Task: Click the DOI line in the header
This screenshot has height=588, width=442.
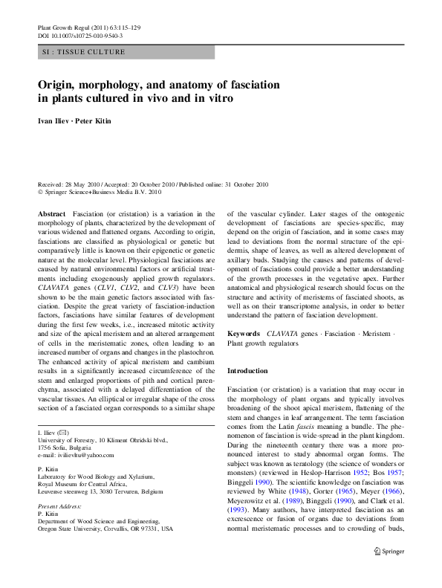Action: click(80, 36)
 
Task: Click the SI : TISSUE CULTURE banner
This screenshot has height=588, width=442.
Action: click(84, 52)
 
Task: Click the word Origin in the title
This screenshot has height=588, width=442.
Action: click(59, 85)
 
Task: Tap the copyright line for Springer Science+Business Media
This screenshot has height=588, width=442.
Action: click(102, 191)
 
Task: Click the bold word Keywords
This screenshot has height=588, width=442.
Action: click(244, 335)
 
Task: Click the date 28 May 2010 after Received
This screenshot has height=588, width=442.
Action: click(85, 184)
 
